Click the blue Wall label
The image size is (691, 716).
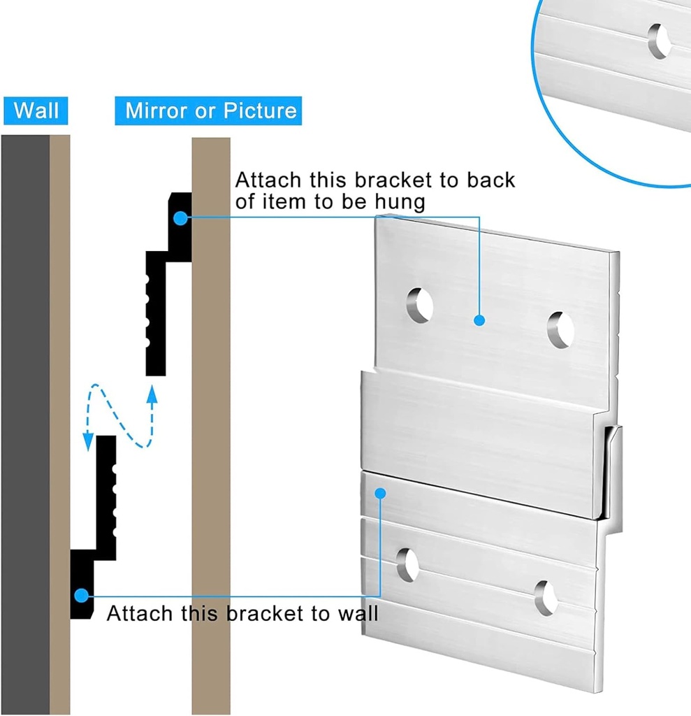[36, 110]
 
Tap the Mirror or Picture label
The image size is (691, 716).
[208, 110]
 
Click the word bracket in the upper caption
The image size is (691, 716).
[393, 180]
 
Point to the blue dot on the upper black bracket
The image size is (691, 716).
[181, 218]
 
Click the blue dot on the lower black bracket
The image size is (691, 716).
[81, 596]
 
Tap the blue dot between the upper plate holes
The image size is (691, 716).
[479, 320]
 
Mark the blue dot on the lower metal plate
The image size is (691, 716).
[380, 493]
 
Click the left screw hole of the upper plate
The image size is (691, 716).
[419, 305]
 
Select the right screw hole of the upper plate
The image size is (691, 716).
[560, 330]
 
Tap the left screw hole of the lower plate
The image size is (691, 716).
[407, 565]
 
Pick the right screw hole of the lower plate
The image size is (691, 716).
[546, 598]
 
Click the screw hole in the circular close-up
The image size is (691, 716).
[660, 41]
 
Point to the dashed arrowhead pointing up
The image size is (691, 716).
[152, 394]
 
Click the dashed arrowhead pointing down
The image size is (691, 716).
[88, 442]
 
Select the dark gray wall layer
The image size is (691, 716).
[25, 424]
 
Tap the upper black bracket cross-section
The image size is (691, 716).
[168, 284]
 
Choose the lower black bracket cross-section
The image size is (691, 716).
[94, 527]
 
